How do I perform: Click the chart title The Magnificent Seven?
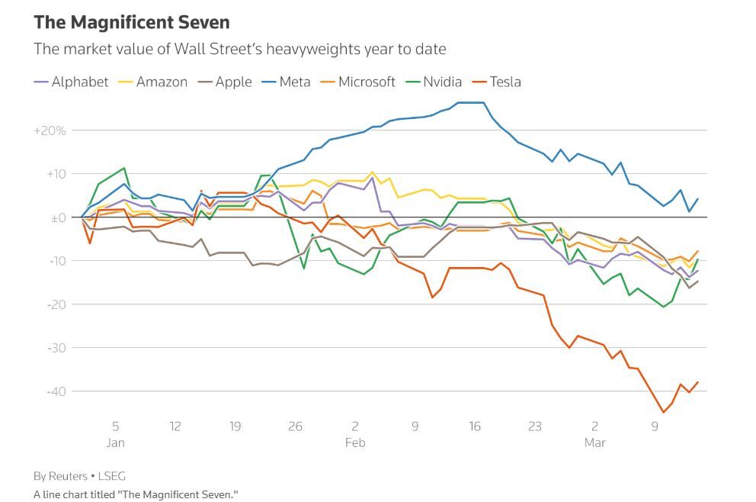click(132, 22)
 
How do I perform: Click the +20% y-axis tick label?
click(50, 130)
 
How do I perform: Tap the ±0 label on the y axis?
click(59, 217)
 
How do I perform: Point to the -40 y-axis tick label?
click(57, 391)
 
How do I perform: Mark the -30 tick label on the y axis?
click(57, 348)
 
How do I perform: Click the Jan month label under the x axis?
click(116, 442)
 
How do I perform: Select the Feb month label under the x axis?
click(355, 442)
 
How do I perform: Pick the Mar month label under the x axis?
click(594, 442)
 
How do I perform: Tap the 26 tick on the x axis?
click(296, 426)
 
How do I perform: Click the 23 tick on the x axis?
click(535, 426)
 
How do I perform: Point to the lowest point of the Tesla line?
click(664, 412)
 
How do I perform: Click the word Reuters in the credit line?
click(68, 476)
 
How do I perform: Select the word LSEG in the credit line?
click(111, 476)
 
